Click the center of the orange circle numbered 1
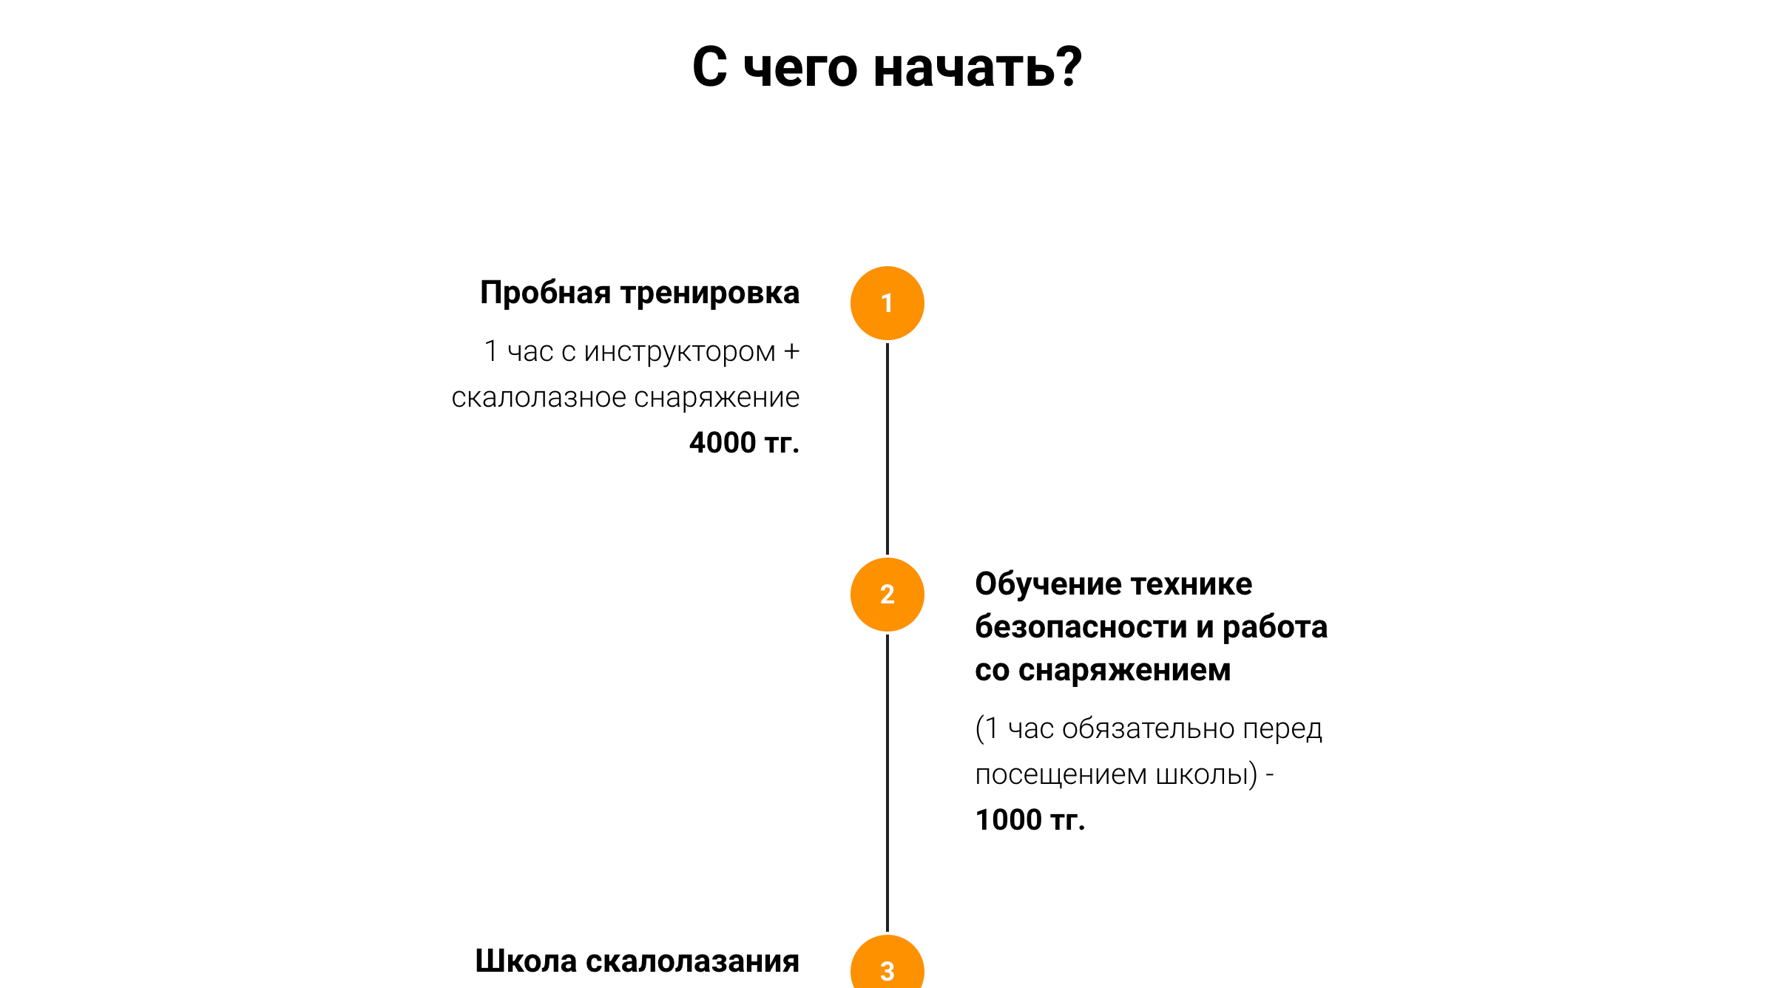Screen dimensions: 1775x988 coord(887,303)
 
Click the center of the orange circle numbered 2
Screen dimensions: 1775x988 coord(887,595)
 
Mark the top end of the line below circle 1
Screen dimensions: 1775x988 coord(887,344)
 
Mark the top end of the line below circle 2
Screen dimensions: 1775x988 coord(887,635)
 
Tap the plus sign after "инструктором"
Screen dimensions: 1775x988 coord(791,351)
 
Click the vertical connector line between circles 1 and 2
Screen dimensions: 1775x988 coord(887,449)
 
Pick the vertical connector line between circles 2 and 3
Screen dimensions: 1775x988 coord(887,783)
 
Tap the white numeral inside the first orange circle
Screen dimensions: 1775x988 coord(887,303)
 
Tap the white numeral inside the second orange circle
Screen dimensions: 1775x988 coord(887,595)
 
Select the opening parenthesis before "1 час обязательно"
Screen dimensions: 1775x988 coord(980,729)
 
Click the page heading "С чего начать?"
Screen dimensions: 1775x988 coord(887,67)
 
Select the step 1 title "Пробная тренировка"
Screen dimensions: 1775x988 coord(640,294)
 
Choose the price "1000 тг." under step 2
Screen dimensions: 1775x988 coord(1030,820)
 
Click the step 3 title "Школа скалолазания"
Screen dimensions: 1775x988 coord(638,961)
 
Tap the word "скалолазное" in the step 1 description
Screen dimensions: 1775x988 coord(539,398)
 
